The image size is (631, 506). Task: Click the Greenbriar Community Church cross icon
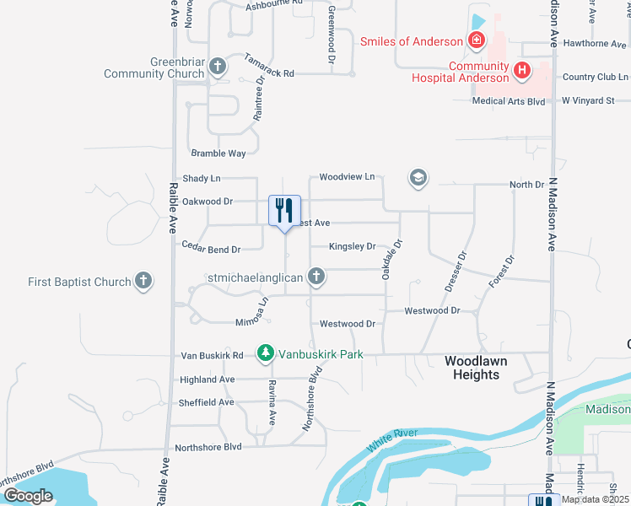(218, 66)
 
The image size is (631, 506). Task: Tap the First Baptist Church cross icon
(143, 282)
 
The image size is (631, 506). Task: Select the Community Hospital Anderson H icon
(521, 73)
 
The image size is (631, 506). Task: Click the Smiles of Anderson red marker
(477, 40)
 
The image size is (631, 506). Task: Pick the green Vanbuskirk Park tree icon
(266, 352)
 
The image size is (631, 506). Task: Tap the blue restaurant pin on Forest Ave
(285, 208)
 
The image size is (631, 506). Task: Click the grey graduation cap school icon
(418, 178)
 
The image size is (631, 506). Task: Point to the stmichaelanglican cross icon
(316, 276)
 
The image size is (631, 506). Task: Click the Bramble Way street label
(218, 153)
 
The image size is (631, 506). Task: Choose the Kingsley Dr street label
(352, 247)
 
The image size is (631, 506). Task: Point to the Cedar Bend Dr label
(212, 249)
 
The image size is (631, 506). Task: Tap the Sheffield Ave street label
(206, 402)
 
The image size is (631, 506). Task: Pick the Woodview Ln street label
(347, 177)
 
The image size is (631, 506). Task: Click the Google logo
(28, 496)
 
